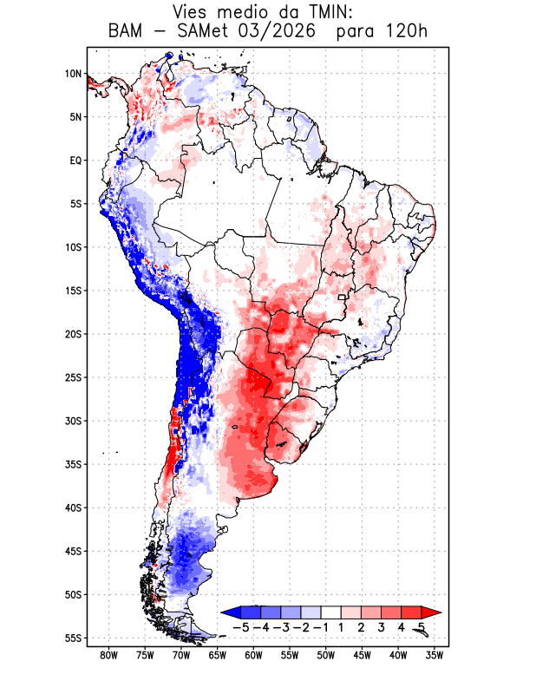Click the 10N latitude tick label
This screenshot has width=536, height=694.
[74, 74]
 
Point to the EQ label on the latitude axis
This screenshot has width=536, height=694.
[75, 160]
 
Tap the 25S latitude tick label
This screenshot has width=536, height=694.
[74, 377]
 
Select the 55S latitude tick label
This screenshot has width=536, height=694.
[74, 638]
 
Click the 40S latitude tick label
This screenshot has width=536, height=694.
[74, 507]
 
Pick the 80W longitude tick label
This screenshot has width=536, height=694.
[109, 655]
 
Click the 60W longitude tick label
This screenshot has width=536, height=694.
[253, 655]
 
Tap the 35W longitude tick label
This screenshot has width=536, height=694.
[435, 655]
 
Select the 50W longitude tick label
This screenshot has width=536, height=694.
[326, 655]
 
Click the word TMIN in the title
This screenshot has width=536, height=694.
[327, 12]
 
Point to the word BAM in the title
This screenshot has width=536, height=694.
[125, 31]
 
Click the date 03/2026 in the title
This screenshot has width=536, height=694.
[277, 31]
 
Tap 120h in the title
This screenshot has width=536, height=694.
[406, 31]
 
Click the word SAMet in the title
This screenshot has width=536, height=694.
[202, 31]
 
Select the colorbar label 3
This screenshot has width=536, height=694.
[381, 627]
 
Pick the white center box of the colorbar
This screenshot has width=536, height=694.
[331, 612]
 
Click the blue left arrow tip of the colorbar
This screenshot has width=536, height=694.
[221, 612]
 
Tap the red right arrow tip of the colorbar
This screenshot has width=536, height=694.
[441, 612]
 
